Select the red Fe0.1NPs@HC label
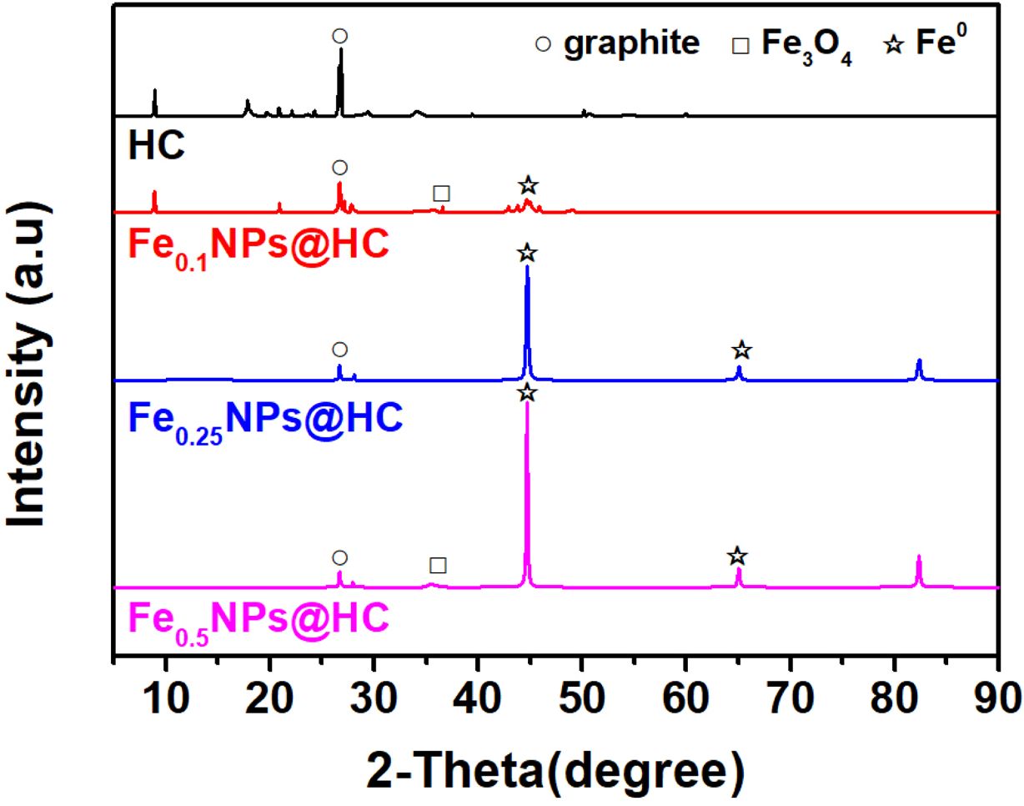pyautogui.click(x=259, y=246)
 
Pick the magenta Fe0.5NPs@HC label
pyautogui.click(x=259, y=622)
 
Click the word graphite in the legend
pyautogui.click(x=631, y=42)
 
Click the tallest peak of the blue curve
pyautogui.click(x=527, y=267)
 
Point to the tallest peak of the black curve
pyautogui.click(x=340, y=50)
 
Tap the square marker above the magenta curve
pyautogui.click(x=438, y=566)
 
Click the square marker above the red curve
pyautogui.click(x=442, y=194)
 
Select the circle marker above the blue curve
pyautogui.click(x=339, y=350)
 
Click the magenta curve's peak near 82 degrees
pyautogui.click(x=919, y=557)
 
